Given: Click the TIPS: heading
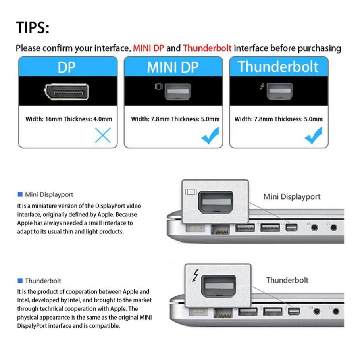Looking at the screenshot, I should coord(33,28).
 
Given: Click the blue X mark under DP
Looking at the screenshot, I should coord(103,136).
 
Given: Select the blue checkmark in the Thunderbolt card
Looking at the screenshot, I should coord(313,136).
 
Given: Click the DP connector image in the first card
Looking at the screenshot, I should coord(68,92).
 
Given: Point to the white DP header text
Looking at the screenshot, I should coord(67,67).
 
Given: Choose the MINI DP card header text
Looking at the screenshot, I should coord(173,67).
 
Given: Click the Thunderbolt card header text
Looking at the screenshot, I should coord(278,67).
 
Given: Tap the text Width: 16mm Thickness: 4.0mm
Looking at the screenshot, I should coord(69,119).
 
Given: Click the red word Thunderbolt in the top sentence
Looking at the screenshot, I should coord(207,48).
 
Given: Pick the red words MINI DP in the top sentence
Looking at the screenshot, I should coord(148,48).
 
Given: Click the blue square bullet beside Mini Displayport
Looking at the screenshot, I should coord(20,194).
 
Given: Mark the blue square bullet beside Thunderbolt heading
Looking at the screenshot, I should coord(20,281).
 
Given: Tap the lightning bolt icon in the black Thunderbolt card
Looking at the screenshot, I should coord(262,87).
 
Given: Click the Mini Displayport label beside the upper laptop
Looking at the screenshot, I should coord(292,196).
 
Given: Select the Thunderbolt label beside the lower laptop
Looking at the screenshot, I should coord(287,280).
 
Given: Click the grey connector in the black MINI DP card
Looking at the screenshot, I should coord(177,91).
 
